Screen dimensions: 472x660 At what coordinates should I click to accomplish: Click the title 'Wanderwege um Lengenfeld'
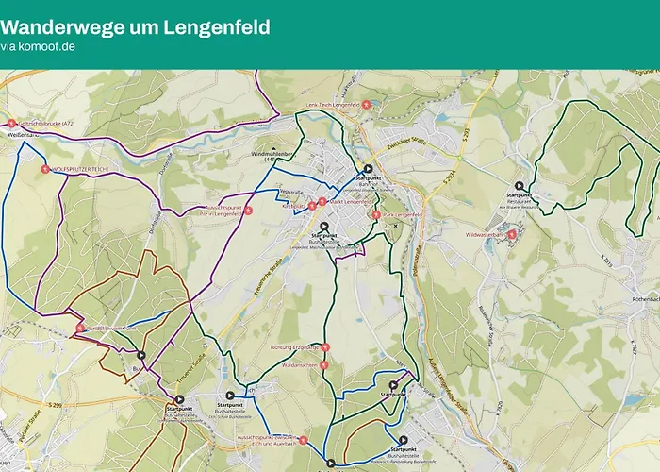[135, 26]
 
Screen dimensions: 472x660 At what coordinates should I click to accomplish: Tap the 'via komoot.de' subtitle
[38, 45]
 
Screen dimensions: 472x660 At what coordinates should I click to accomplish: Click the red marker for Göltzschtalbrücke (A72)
[11, 124]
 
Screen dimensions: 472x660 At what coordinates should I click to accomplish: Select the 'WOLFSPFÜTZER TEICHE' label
[94, 169]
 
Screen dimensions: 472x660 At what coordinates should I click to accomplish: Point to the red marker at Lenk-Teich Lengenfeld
[366, 104]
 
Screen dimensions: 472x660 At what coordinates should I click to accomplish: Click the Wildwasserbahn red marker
[512, 234]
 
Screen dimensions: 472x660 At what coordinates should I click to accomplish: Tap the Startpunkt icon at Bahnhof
[369, 169]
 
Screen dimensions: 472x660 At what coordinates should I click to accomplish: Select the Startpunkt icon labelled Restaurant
[519, 186]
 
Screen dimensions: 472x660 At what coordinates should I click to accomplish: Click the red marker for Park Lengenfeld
[376, 215]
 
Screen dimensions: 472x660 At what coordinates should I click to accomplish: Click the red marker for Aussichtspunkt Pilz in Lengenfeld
[249, 211]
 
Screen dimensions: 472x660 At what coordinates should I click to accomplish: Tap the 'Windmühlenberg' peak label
[272, 153]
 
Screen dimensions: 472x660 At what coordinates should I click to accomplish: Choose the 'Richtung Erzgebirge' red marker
[324, 347]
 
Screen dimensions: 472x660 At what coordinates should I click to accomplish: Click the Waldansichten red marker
[324, 363]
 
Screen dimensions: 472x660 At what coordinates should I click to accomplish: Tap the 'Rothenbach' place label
[641, 299]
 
